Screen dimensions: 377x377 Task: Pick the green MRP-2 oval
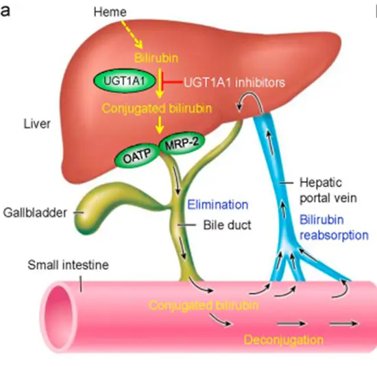click(178, 144)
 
